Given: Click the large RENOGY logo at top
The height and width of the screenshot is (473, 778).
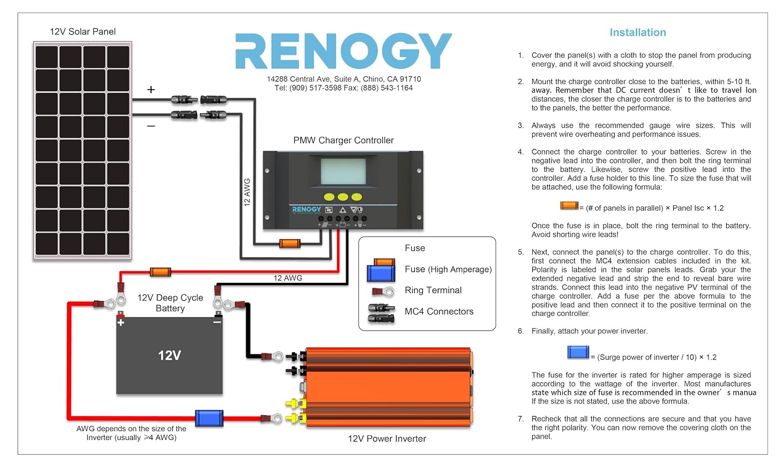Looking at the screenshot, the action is pyautogui.click(x=343, y=51).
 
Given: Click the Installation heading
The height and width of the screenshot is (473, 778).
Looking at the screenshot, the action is pyautogui.click(x=637, y=32).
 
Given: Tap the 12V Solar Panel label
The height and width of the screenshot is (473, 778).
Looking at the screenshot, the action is pyautogui.click(x=82, y=32).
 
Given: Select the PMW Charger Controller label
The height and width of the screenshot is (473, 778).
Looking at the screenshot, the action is pyautogui.click(x=343, y=140).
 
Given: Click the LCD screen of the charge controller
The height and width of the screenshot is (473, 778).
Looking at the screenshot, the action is pyautogui.click(x=343, y=171).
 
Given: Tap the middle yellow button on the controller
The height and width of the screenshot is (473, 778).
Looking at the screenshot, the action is pyautogui.click(x=343, y=197).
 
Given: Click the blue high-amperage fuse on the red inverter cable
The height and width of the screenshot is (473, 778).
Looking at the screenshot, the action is pyautogui.click(x=209, y=418).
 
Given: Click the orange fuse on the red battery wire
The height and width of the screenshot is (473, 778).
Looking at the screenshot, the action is pyautogui.click(x=160, y=272).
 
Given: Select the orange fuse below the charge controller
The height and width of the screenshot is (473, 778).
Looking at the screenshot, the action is pyautogui.click(x=289, y=243).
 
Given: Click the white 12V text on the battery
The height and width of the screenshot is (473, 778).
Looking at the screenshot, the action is pyautogui.click(x=170, y=355).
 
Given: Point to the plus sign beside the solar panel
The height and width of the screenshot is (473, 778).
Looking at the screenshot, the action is pyautogui.click(x=151, y=90).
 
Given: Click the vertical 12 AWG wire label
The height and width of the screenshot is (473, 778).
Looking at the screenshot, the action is pyautogui.click(x=247, y=192).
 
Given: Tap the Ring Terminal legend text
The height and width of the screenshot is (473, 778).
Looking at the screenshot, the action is pyautogui.click(x=433, y=290).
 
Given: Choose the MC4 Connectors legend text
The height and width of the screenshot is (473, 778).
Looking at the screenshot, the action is pyautogui.click(x=439, y=311).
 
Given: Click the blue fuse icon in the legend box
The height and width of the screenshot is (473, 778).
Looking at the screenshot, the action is pyautogui.click(x=381, y=273).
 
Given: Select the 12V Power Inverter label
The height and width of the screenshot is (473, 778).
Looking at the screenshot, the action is pyautogui.click(x=387, y=439).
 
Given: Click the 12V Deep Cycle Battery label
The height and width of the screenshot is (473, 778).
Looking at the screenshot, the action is pyautogui.click(x=170, y=303).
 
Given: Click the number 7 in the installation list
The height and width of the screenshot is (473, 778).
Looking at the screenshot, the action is pyautogui.click(x=520, y=419).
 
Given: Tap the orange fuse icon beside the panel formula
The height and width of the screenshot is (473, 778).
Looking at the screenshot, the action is pyautogui.click(x=569, y=206).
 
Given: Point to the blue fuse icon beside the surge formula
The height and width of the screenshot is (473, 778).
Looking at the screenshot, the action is pyautogui.click(x=578, y=352).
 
